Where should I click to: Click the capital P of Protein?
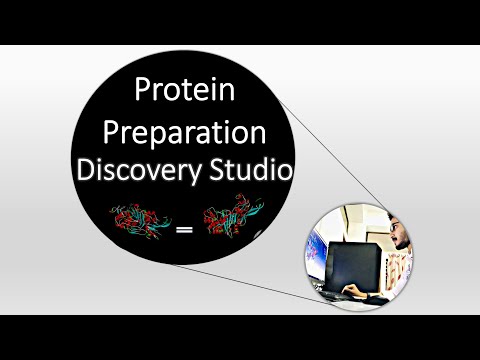pyautogui.click(x=142, y=93)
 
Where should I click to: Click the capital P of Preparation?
pyautogui.click(x=111, y=133)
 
